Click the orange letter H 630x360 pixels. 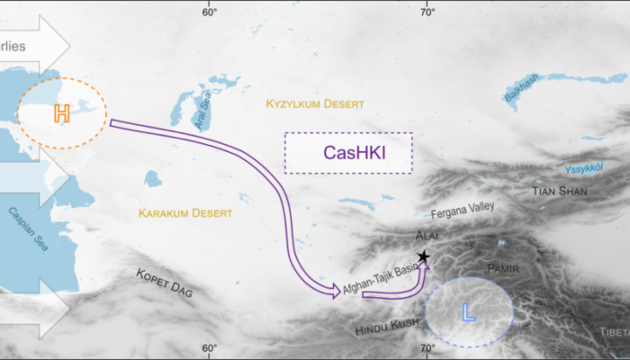(x=61, y=113)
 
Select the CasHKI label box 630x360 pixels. (x=348, y=153)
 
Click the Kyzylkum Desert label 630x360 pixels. (x=312, y=105)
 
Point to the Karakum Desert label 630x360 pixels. (x=184, y=213)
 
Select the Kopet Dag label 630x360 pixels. (x=166, y=284)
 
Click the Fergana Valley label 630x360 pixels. (x=463, y=210)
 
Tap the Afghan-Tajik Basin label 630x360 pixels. (x=380, y=278)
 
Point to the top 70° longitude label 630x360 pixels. (x=427, y=11)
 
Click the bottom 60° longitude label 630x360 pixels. (x=209, y=349)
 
